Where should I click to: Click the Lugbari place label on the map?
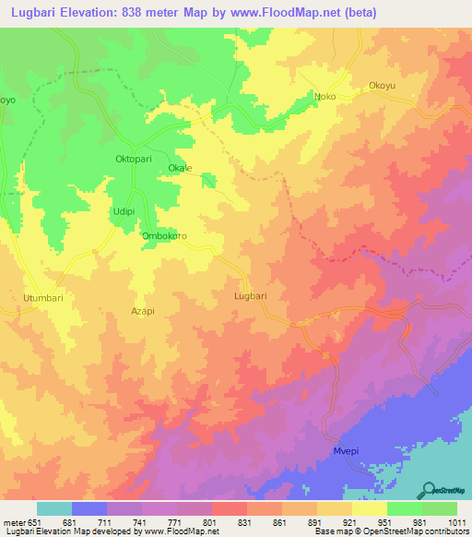point(251,296)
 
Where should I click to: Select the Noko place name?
point(325,96)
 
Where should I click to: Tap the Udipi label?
point(124,211)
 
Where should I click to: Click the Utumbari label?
point(41,299)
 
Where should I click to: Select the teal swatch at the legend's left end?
point(53,508)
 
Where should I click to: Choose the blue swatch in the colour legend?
point(88,508)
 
